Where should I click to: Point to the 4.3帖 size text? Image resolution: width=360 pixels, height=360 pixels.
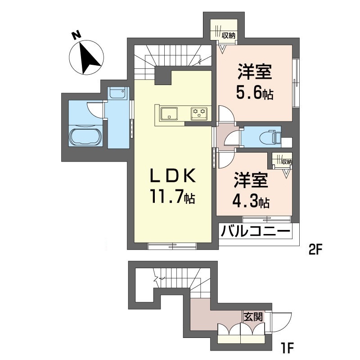(250, 202)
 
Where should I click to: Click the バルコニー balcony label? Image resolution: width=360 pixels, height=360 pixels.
(255, 232)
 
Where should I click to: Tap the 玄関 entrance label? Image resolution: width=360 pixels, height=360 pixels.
(253, 316)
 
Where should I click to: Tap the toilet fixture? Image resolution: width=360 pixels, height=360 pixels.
(272, 136)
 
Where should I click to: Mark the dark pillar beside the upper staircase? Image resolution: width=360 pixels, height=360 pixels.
(163, 76)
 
